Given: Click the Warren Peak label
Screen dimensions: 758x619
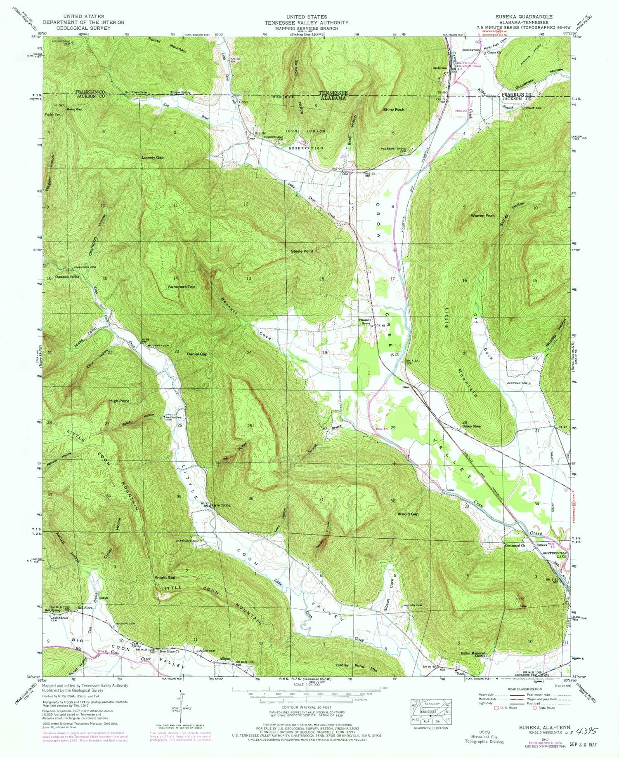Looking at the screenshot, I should pos(482,216).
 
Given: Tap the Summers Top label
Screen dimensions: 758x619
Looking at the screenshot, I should pos(181,287).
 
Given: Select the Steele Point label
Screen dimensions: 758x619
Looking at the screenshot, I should pos(302,251).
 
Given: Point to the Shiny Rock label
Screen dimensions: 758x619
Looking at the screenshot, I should pos(393,110).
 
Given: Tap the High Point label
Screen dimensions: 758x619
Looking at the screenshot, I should pos(119,401).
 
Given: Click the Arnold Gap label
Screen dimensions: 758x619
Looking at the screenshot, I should pos(408,514).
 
